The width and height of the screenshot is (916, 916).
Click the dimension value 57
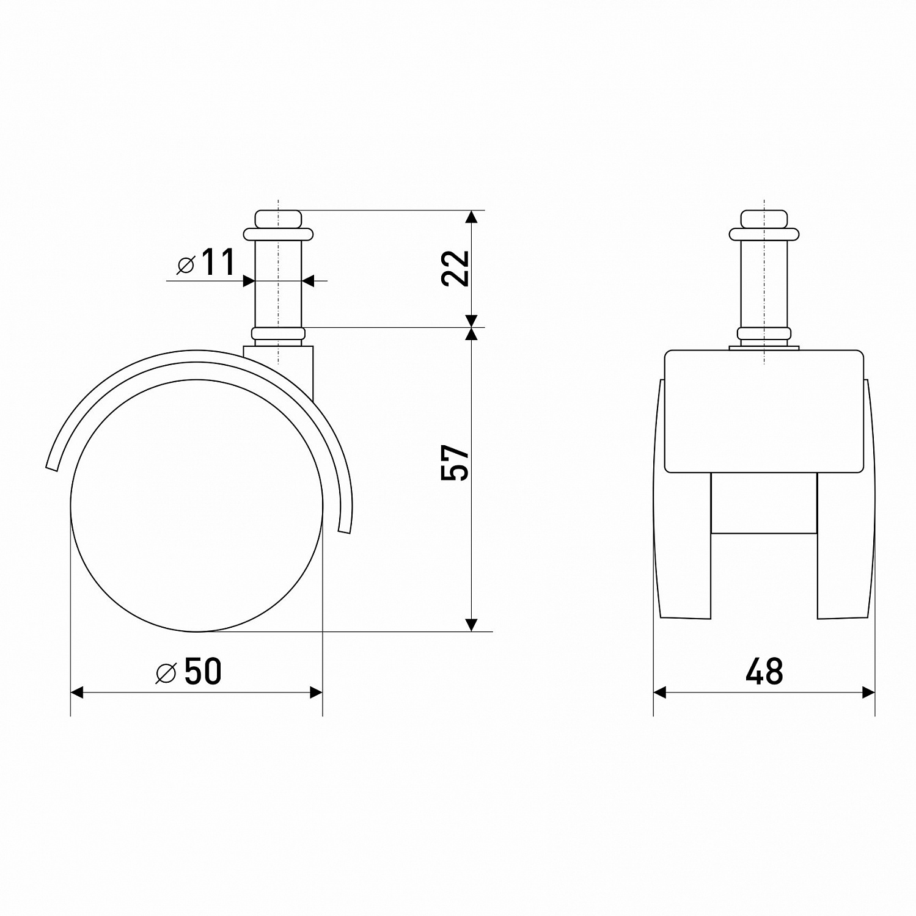pos(455,463)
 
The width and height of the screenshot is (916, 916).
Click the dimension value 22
pos(455,268)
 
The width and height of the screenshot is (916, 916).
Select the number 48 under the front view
pos(764,671)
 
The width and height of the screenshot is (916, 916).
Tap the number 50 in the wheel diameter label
pos(202,671)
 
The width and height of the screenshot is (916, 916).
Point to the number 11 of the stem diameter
pos(217,263)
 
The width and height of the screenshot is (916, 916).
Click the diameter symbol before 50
pos(166,672)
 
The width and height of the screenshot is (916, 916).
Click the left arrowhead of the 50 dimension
pos(77,692)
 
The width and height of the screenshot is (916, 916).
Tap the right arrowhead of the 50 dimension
pos(316,692)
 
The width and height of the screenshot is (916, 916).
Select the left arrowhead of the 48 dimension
pos(660,692)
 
